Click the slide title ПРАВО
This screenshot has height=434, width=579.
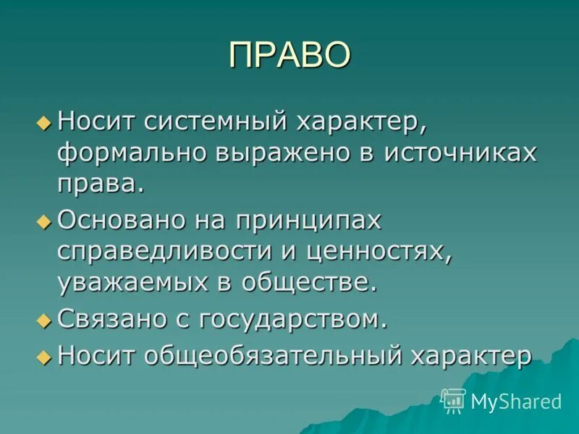click(x=289, y=56)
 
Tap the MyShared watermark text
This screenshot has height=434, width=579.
click(x=516, y=401)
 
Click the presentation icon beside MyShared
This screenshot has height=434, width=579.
click(x=454, y=400)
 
